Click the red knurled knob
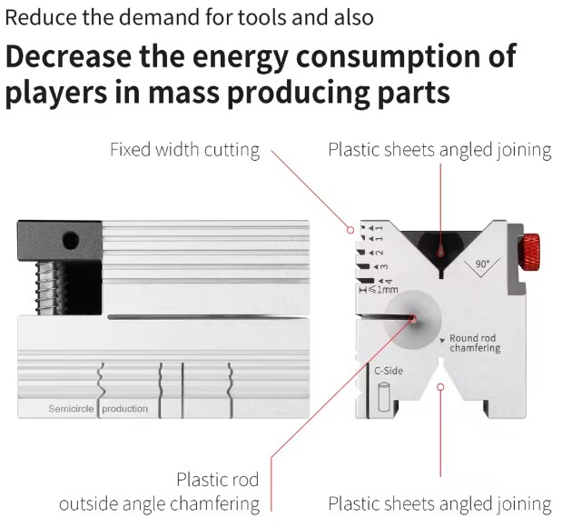pos(531,253)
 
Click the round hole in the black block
pos(71,241)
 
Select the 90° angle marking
pos(482,264)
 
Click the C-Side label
pos(389,371)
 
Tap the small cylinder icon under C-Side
pos(384,397)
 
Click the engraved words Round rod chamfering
pos(475,343)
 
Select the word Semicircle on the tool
pos(71,409)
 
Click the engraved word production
pos(124,409)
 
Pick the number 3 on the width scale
pos(384,267)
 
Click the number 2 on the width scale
pos(380,253)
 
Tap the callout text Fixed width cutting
pos(185,150)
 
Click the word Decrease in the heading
pos(68,56)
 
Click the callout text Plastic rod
pos(218,479)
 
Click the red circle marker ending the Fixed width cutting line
pos(350,230)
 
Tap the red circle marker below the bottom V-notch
pos(440,387)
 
